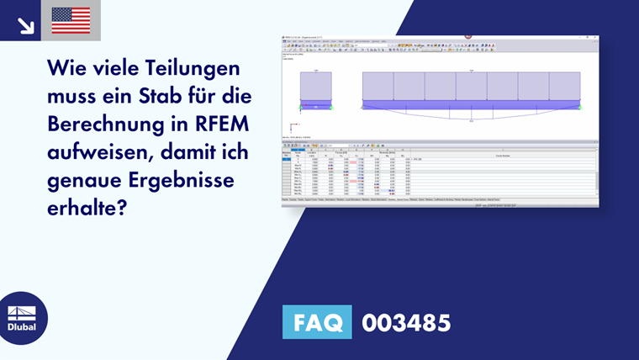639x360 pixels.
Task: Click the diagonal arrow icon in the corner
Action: click(x=25, y=24)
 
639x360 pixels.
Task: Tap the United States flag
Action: click(x=71, y=20)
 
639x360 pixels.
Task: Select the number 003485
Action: click(x=406, y=322)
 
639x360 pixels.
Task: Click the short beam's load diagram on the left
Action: click(x=316, y=87)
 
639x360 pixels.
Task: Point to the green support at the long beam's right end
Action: click(x=581, y=108)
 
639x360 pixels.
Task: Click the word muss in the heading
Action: click(x=78, y=96)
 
